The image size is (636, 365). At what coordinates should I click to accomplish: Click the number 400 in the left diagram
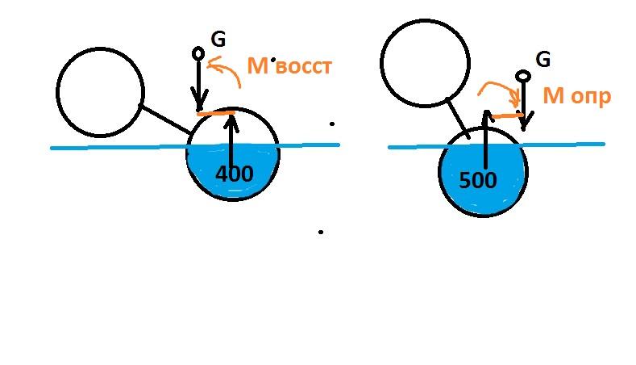[234, 174]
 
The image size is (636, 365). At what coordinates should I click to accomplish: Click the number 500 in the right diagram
[478, 179]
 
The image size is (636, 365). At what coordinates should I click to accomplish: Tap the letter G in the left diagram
[218, 40]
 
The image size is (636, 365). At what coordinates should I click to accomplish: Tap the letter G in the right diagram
[543, 59]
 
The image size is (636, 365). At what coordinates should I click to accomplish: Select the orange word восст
[304, 67]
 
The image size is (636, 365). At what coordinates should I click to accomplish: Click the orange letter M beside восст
[258, 66]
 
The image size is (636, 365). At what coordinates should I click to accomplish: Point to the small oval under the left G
[198, 53]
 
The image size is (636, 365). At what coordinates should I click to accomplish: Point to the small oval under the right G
[523, 76]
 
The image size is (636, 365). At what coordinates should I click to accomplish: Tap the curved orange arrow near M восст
[229, 66]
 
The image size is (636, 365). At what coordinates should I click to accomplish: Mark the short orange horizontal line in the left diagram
[216, 113]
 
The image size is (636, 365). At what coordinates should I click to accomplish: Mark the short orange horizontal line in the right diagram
[507, 116]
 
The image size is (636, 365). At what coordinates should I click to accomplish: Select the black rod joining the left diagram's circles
[165, 119]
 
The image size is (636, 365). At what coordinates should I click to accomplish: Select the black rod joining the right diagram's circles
[458, 118]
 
